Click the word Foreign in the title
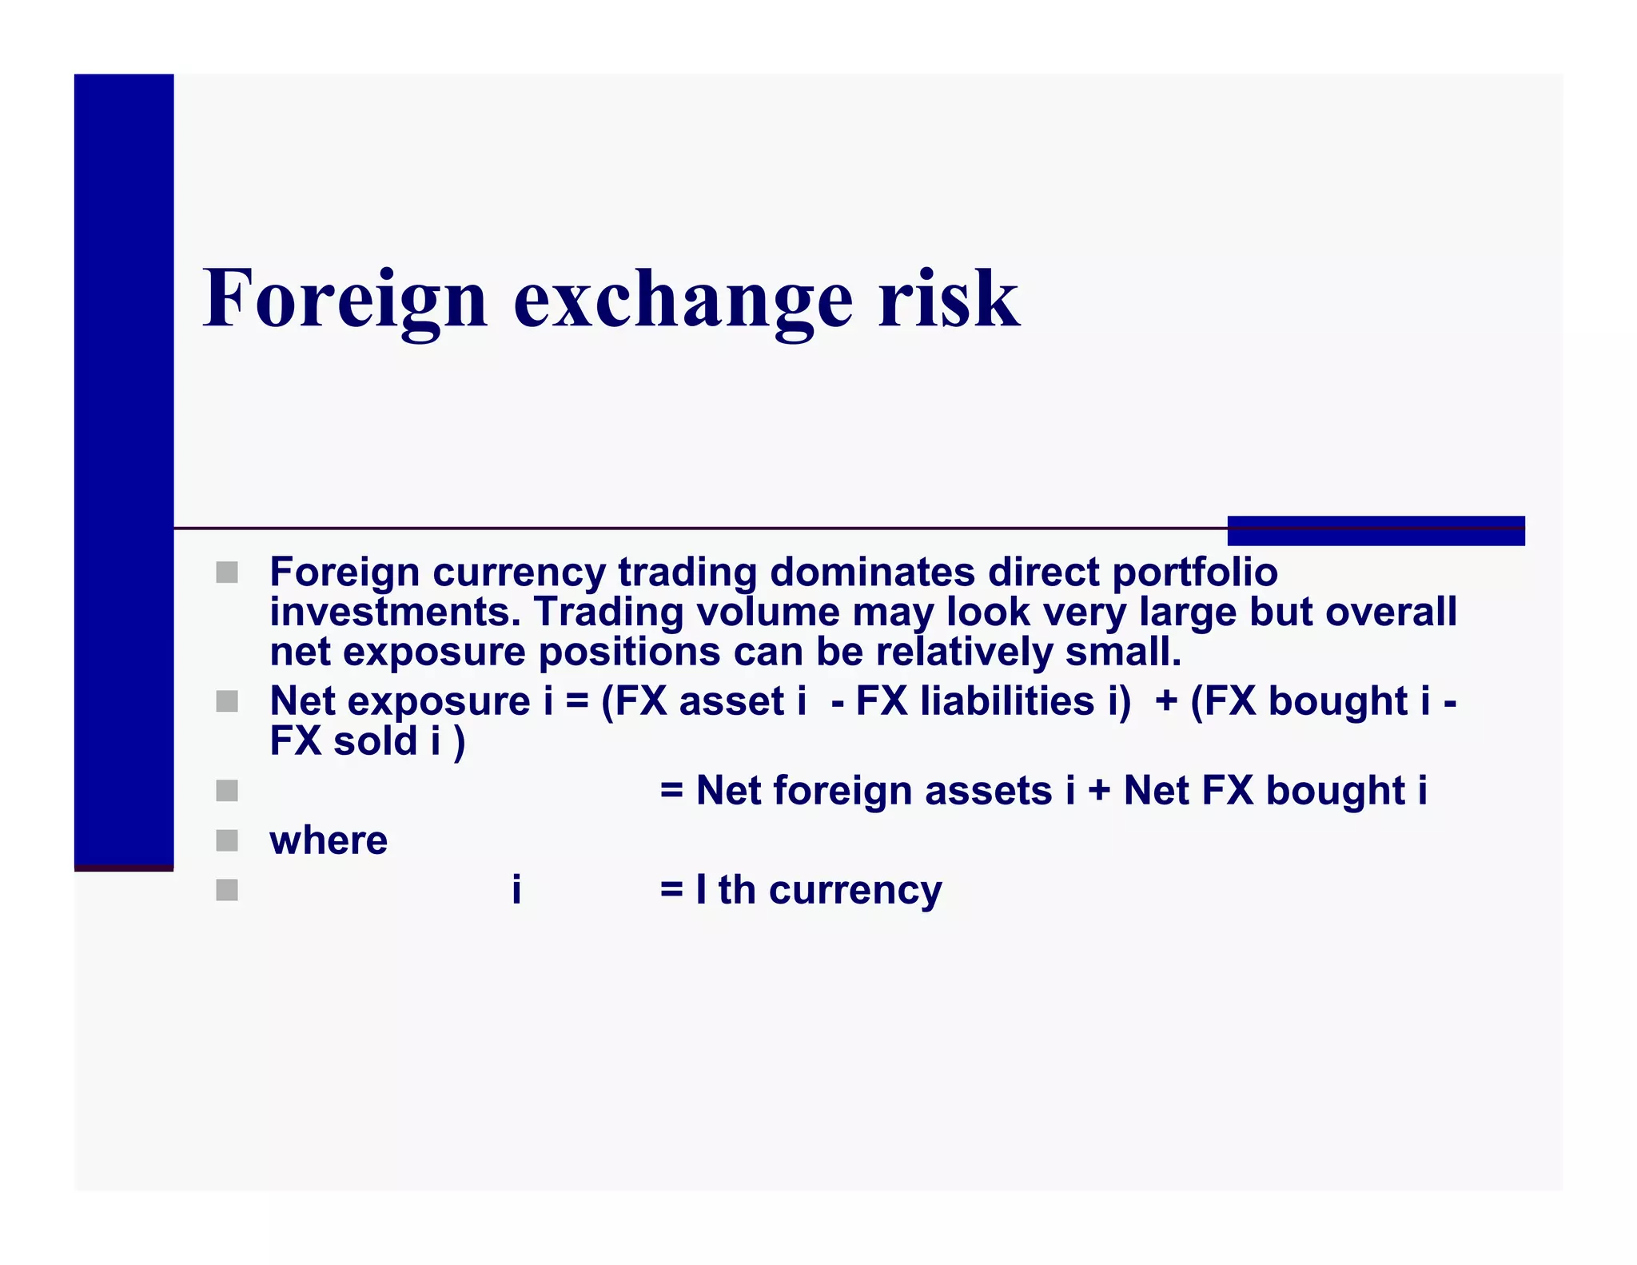coord(345,299)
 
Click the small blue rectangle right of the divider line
coord(1376,531)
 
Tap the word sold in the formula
coord(375,741)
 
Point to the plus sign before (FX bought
coord(1166,702)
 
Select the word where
coord(329,840)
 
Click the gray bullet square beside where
coord(227,840)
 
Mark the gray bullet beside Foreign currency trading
coord(227,573)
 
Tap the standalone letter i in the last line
coord(516,889)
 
